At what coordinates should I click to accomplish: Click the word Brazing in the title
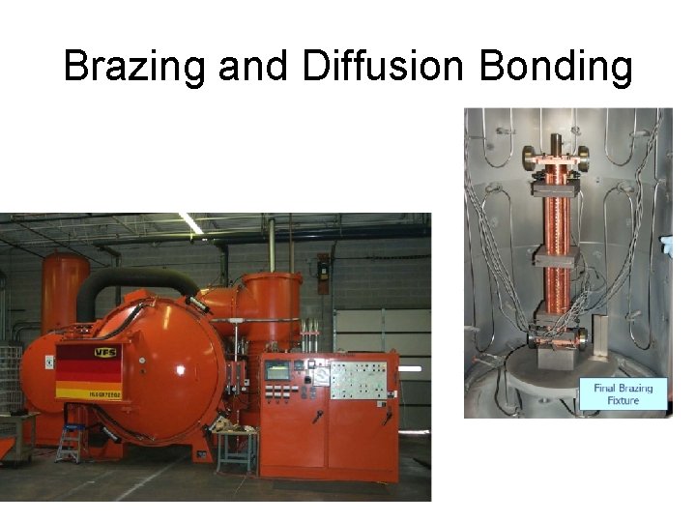(x=135, y=68)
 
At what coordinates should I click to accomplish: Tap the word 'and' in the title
(x=253, y=68)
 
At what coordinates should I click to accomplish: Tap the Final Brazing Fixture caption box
(x=623, y=393)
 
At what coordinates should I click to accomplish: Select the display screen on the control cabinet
(x=277, y=371)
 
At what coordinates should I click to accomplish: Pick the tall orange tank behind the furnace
(x=65, y=290)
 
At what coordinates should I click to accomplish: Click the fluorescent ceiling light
(x=189, y=224)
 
